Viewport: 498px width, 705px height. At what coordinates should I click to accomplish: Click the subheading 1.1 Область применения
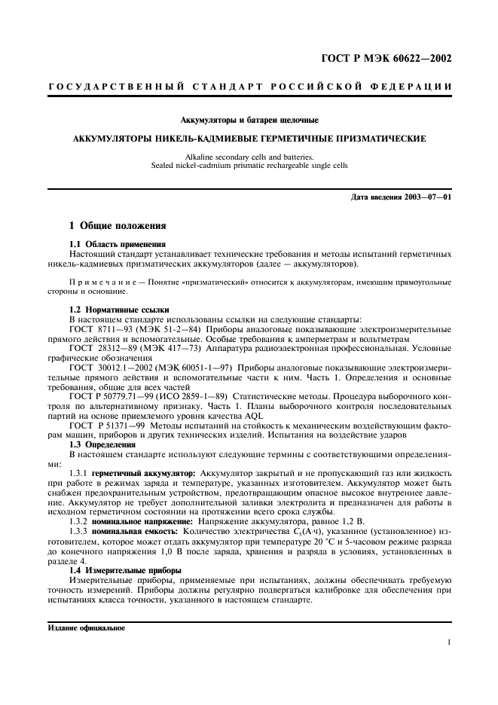coord(117,245)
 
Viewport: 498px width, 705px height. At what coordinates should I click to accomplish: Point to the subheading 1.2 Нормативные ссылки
coord(119,310)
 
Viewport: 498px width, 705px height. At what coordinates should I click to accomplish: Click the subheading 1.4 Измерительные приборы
coord(123,571)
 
